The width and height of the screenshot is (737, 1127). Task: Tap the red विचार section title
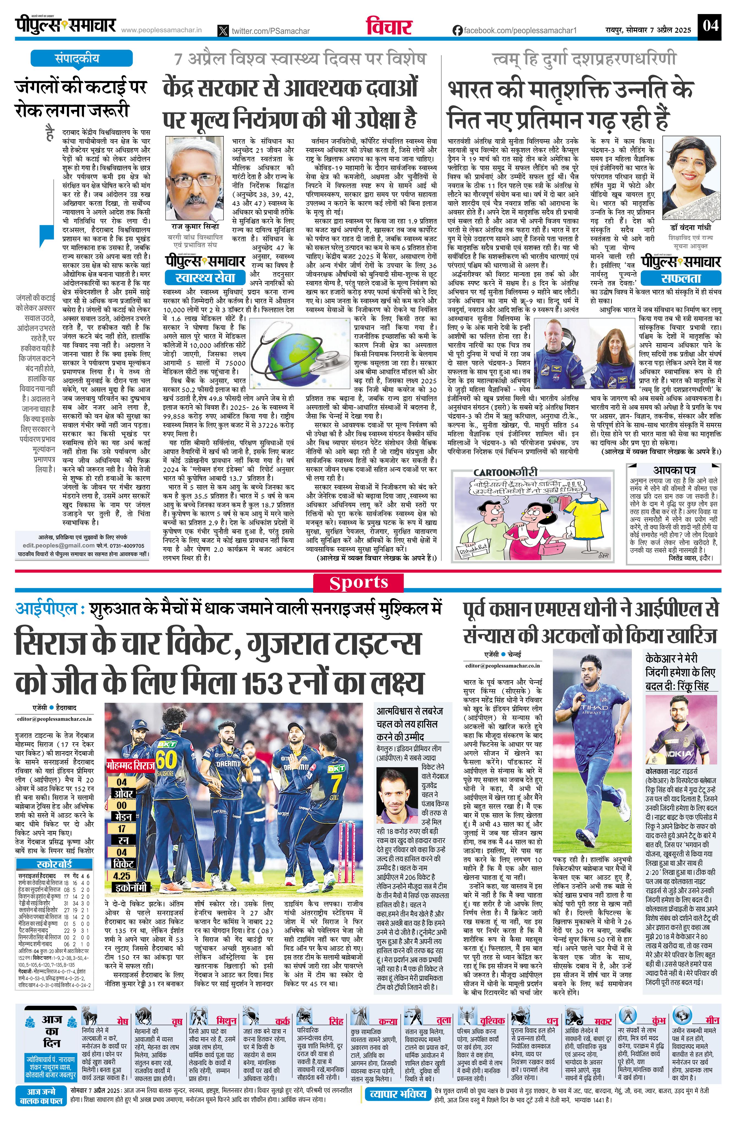coord(389,26)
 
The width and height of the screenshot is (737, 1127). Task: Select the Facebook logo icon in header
coord(457,30)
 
